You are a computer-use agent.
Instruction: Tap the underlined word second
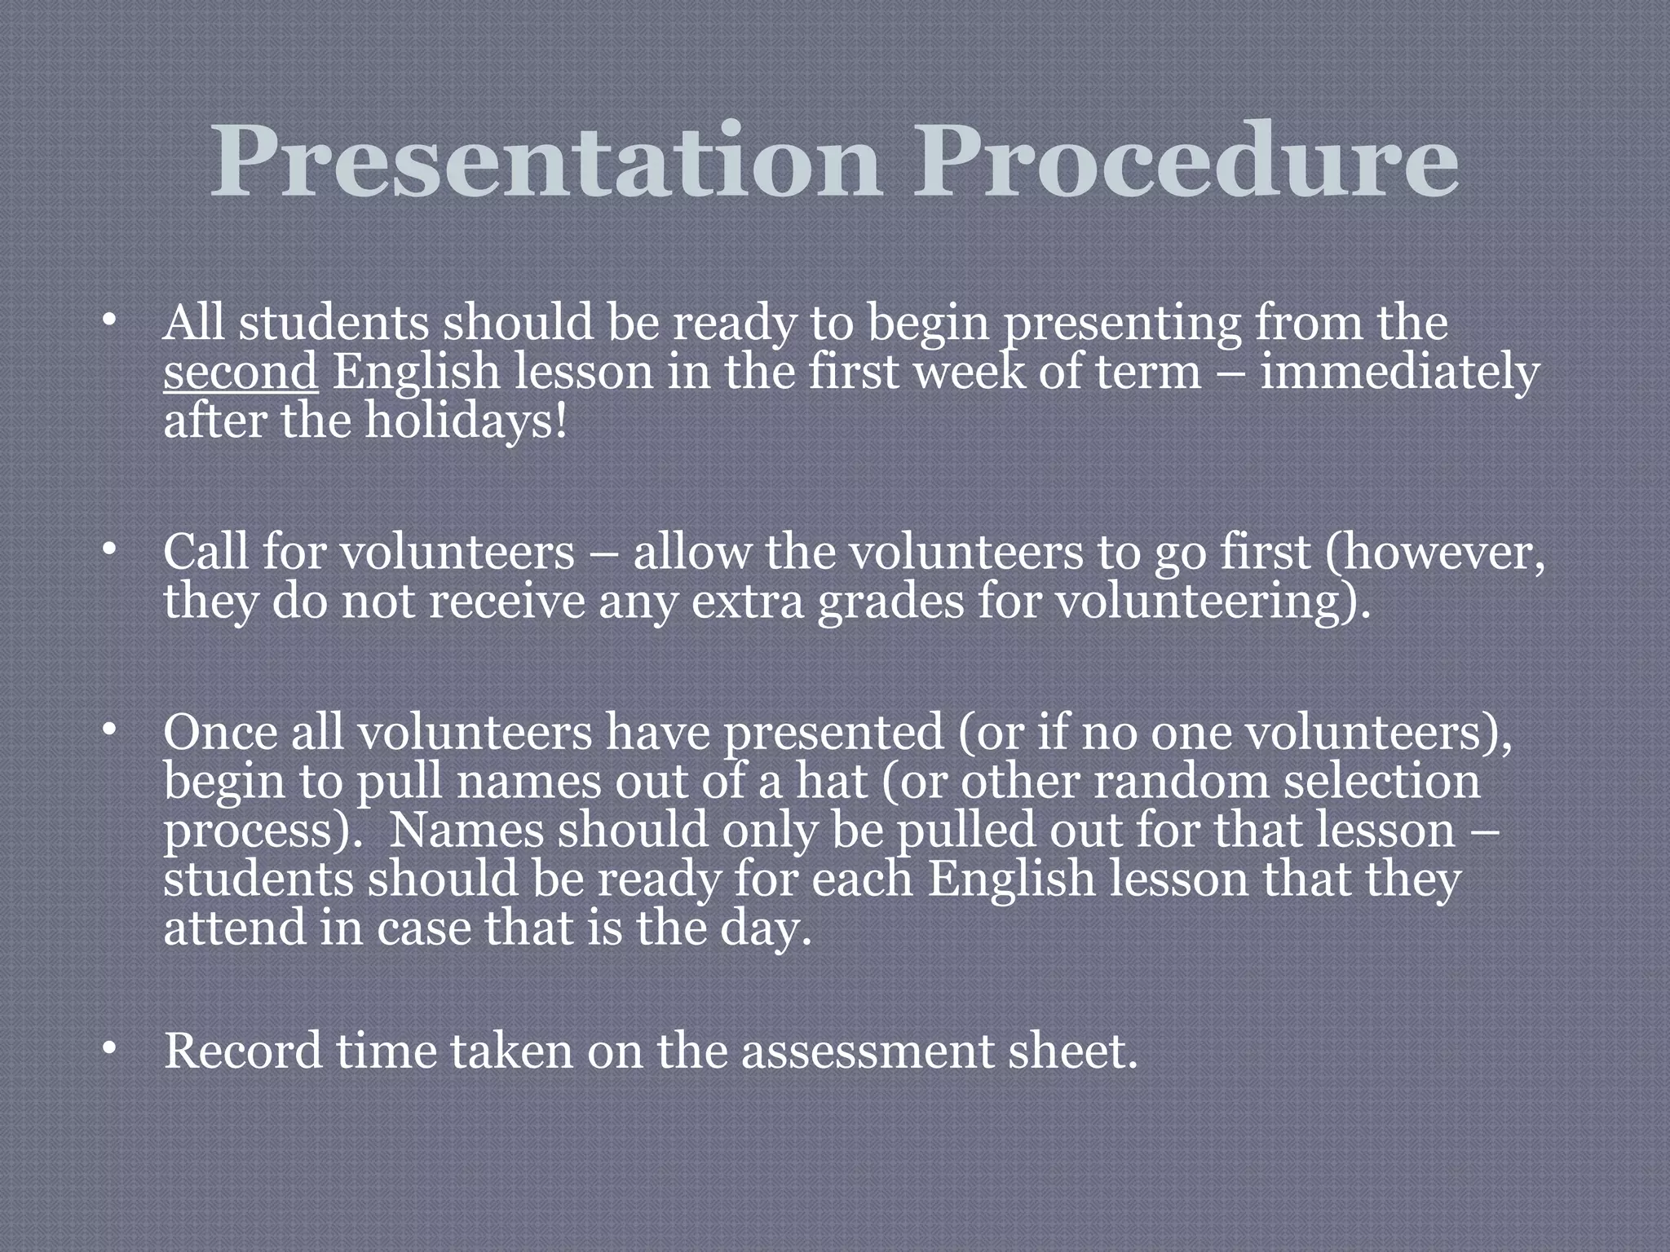241,372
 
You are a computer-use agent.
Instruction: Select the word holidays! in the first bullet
464,422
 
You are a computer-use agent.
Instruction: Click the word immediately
1399,372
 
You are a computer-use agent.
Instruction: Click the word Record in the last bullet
243,1051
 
